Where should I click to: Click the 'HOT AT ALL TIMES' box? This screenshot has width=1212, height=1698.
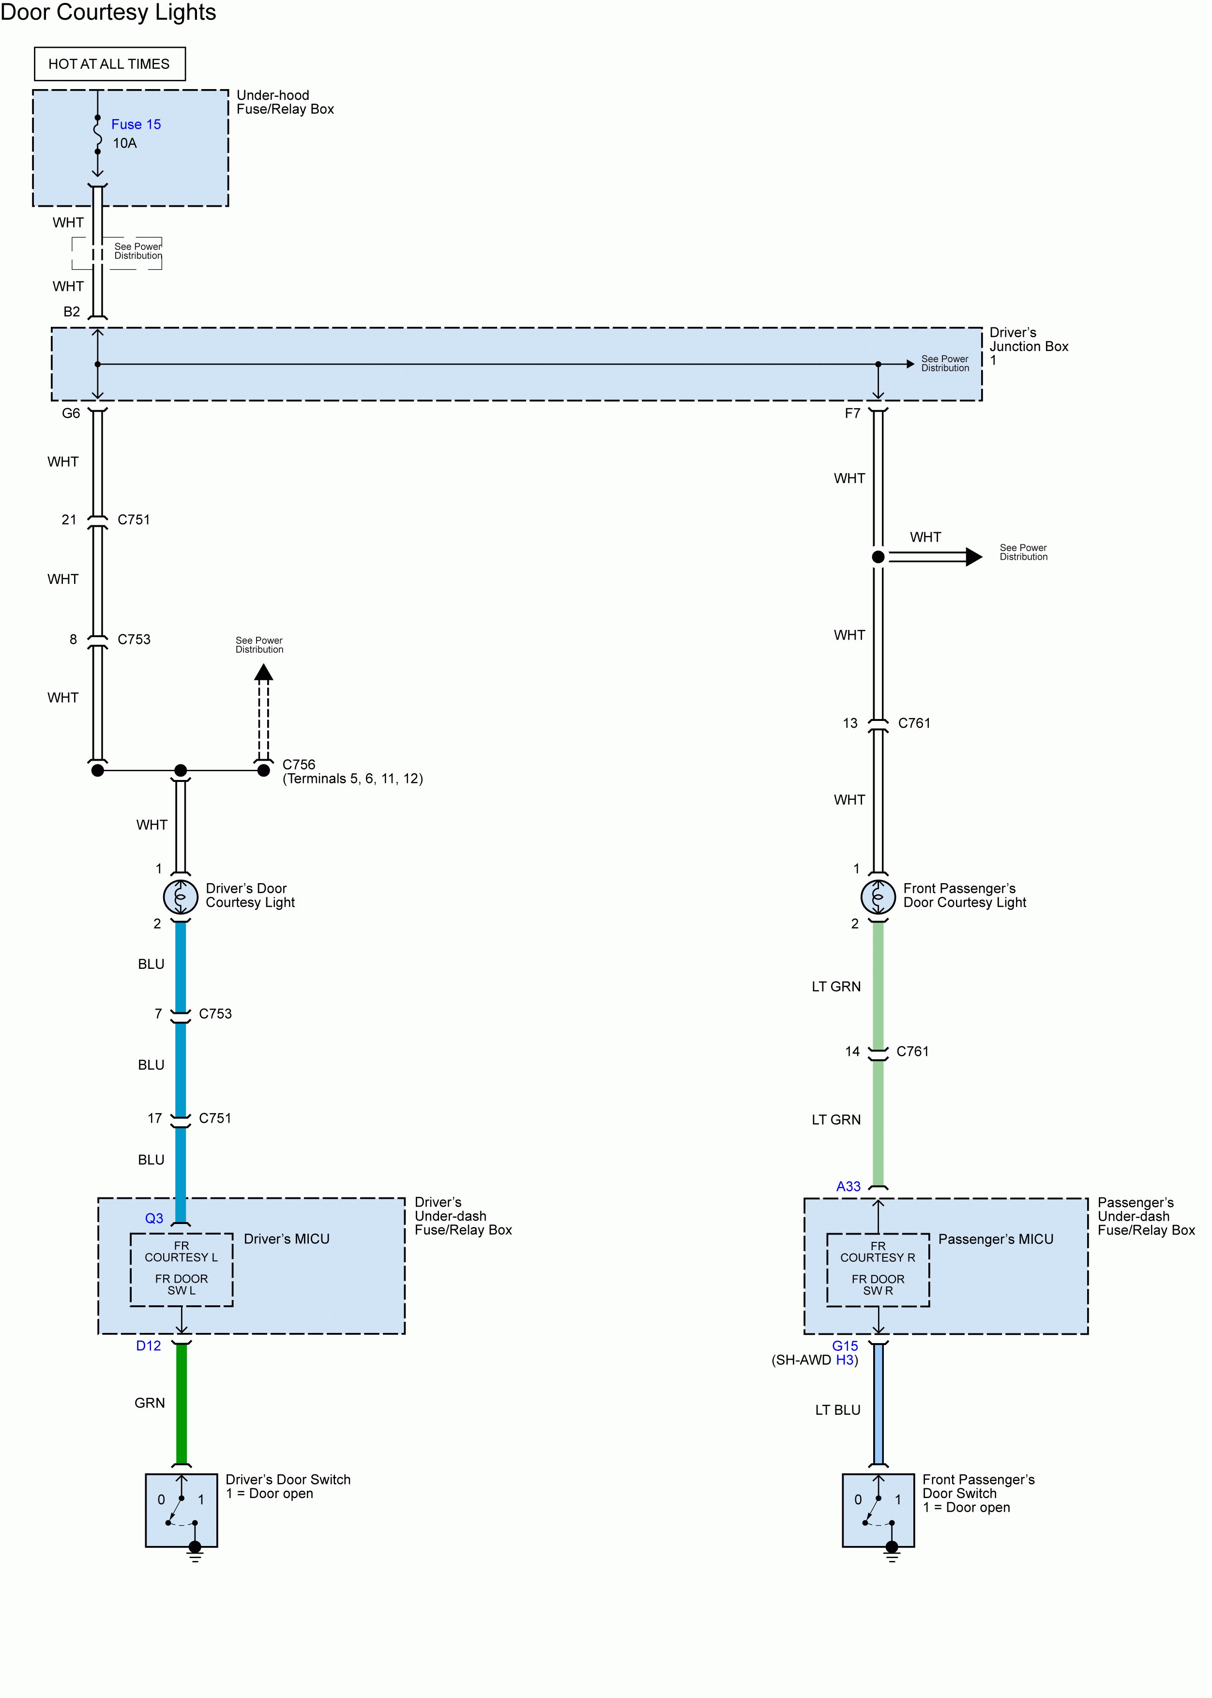(x=110, y=64)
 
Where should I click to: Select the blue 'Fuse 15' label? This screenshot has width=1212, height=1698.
(x=136, y=124)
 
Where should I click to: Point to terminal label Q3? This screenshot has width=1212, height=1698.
(x=154, y=1218)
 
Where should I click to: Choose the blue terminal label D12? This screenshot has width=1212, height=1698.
(x=149, y=1346)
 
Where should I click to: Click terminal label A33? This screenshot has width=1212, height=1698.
(x=848, y=1186)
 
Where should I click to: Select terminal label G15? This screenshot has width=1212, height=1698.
(x=846, y=1346)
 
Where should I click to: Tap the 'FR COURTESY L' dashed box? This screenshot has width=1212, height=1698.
(x=182, y=1270)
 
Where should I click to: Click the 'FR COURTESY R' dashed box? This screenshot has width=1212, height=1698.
(x=879, y=1270)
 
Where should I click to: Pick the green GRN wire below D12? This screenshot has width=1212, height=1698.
(x=182, y=1403)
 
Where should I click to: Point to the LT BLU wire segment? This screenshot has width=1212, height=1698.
(x=879, y=1403)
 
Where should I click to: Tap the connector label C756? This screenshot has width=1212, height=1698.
(x=299, y=765)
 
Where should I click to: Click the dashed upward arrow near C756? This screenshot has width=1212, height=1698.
(x=263, y=713)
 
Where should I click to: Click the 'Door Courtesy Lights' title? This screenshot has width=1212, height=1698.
(x=108, y=12)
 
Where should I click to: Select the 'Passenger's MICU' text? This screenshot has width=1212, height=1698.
(x=996, y=1239)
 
